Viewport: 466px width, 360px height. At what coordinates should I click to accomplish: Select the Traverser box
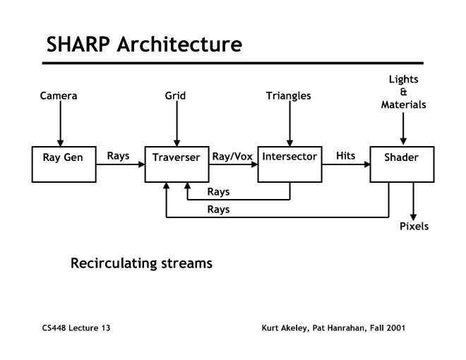pos(177,164)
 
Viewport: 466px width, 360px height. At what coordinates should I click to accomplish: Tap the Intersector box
pos(289,164)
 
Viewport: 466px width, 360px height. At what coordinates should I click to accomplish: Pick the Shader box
pos(402,164)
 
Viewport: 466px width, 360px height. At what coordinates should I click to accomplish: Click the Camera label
pos(59,95)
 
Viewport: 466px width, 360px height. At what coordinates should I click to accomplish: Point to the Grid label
pos(176,95)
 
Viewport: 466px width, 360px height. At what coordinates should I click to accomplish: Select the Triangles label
pos(289,95)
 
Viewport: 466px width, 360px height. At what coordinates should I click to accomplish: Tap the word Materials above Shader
pos(402,104)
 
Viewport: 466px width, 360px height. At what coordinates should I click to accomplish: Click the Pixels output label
pos(414,227)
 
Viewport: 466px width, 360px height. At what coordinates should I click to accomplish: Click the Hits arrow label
pos(345,156)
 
